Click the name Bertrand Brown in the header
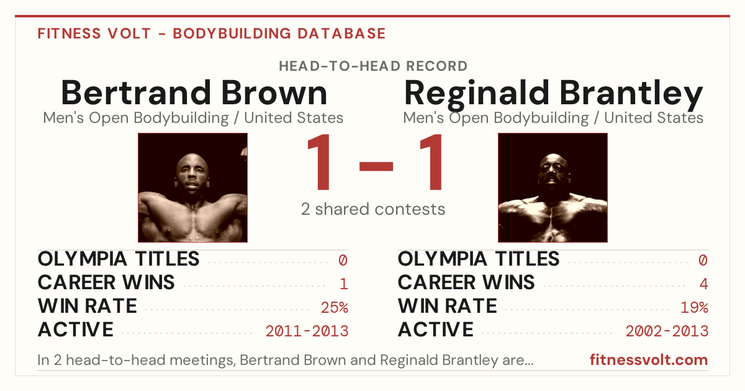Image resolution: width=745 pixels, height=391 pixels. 194,92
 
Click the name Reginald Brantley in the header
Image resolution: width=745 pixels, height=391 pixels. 553,95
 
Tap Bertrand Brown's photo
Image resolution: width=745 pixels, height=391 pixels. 192,187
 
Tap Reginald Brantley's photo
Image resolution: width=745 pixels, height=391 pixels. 553,187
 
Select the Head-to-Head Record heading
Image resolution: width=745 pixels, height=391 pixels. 373,66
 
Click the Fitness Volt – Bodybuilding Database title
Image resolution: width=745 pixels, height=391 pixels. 212,34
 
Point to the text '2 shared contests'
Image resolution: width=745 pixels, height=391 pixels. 373,209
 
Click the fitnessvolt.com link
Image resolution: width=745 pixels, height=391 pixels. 649,360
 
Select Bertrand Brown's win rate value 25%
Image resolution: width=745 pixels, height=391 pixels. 335,307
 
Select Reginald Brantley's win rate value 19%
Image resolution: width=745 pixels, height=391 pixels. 695,307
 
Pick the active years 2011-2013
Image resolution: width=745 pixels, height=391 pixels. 307,331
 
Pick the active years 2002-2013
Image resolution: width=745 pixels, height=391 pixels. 667,331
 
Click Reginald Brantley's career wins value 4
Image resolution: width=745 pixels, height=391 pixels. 703,284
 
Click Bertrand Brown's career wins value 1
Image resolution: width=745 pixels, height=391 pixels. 344,284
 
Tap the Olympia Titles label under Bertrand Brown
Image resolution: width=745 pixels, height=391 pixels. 119,259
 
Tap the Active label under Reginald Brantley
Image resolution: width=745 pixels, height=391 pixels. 436,330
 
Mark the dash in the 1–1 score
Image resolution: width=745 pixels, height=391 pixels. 376,166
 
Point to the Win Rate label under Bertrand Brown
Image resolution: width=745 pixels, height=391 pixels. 88,306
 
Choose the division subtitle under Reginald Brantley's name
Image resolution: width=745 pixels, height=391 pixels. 553,118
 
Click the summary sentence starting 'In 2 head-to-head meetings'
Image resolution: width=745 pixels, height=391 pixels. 286,360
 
